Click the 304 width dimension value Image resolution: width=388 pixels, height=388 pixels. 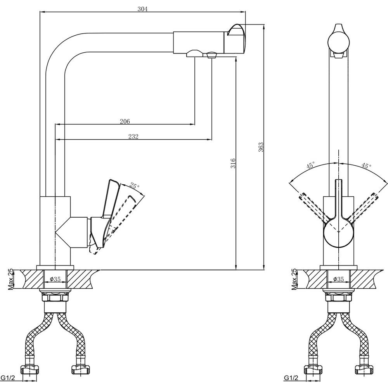coord(142,9)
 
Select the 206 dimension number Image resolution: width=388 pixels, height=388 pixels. coord(125,121)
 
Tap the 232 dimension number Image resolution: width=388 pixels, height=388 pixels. coord(133,136)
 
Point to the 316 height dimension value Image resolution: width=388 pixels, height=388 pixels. coord(233,163)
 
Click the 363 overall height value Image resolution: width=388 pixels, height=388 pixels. coord(261,147)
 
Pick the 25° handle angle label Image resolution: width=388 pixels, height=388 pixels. coord(135,186)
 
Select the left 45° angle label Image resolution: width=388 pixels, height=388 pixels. coord(311,165)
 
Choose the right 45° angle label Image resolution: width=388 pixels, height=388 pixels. coord(367,165)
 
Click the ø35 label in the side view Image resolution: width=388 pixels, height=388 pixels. coord(55,279)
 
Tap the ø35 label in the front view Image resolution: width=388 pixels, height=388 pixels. coord(338,279)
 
